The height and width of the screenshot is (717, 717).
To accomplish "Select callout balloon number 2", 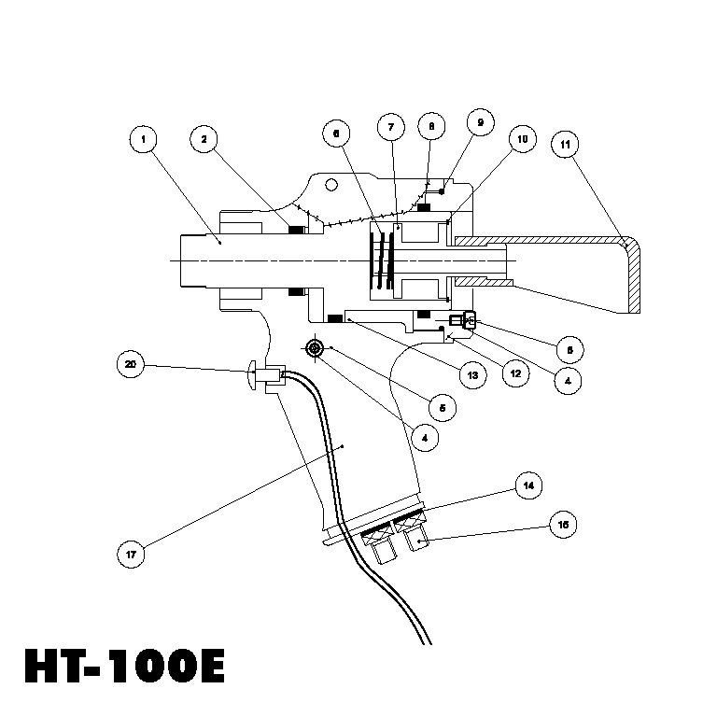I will pos(204,140).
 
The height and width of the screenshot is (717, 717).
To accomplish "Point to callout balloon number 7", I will pos(390,126).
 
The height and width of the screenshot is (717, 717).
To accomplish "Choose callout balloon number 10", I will pos(522,140).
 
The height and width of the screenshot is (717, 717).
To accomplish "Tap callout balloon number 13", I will pos(473,376).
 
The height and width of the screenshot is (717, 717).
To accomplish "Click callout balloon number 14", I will pos(528,486).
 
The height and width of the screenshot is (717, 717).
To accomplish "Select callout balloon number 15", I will pos(563,525).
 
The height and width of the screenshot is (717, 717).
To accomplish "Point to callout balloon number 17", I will pos(131,554).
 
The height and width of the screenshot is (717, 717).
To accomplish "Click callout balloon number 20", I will pos(131,363).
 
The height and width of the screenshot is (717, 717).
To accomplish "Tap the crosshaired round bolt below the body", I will pos(314,348).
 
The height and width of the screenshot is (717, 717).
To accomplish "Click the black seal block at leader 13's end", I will pos(333,318).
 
